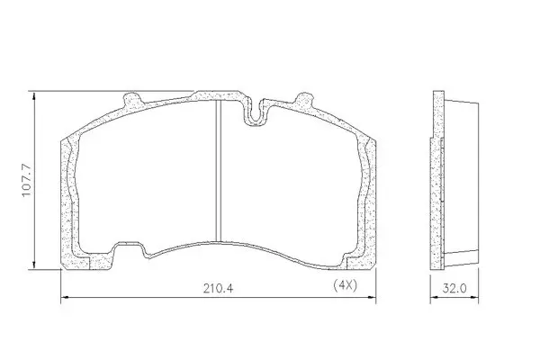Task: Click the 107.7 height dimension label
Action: click(x=27, y=180)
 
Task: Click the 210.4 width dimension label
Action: click(x=218, y=288)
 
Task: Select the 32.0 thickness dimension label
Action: click(x=454, y=288)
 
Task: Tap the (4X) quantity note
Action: click(x=345, y=285)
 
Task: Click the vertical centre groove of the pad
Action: click(x=218, y=171)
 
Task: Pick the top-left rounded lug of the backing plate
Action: click(x=132, y=99)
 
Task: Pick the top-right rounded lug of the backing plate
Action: click(x=303, y=98)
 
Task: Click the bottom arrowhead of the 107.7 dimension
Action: click(x=34, y=265)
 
